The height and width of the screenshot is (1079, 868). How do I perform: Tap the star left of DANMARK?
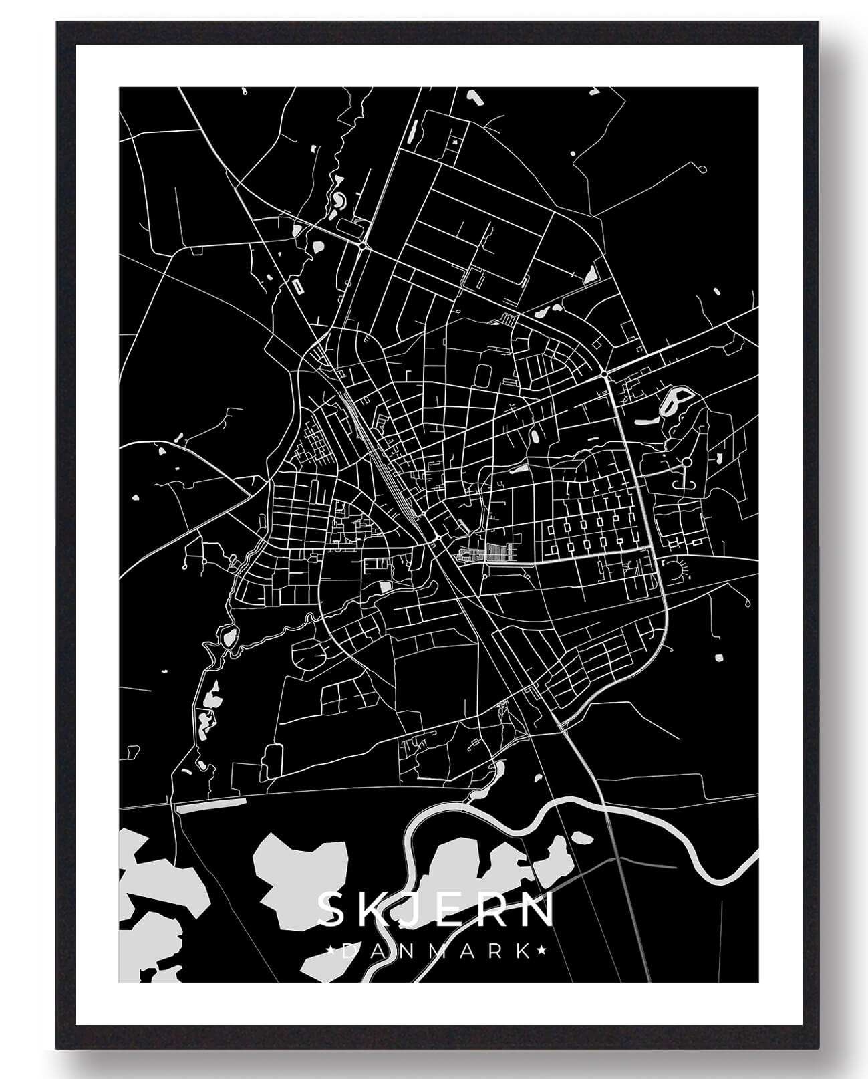332,950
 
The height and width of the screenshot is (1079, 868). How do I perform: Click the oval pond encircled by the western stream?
230,636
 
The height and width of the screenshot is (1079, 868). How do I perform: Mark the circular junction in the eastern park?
686,462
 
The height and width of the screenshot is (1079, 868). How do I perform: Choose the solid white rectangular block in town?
385,586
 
